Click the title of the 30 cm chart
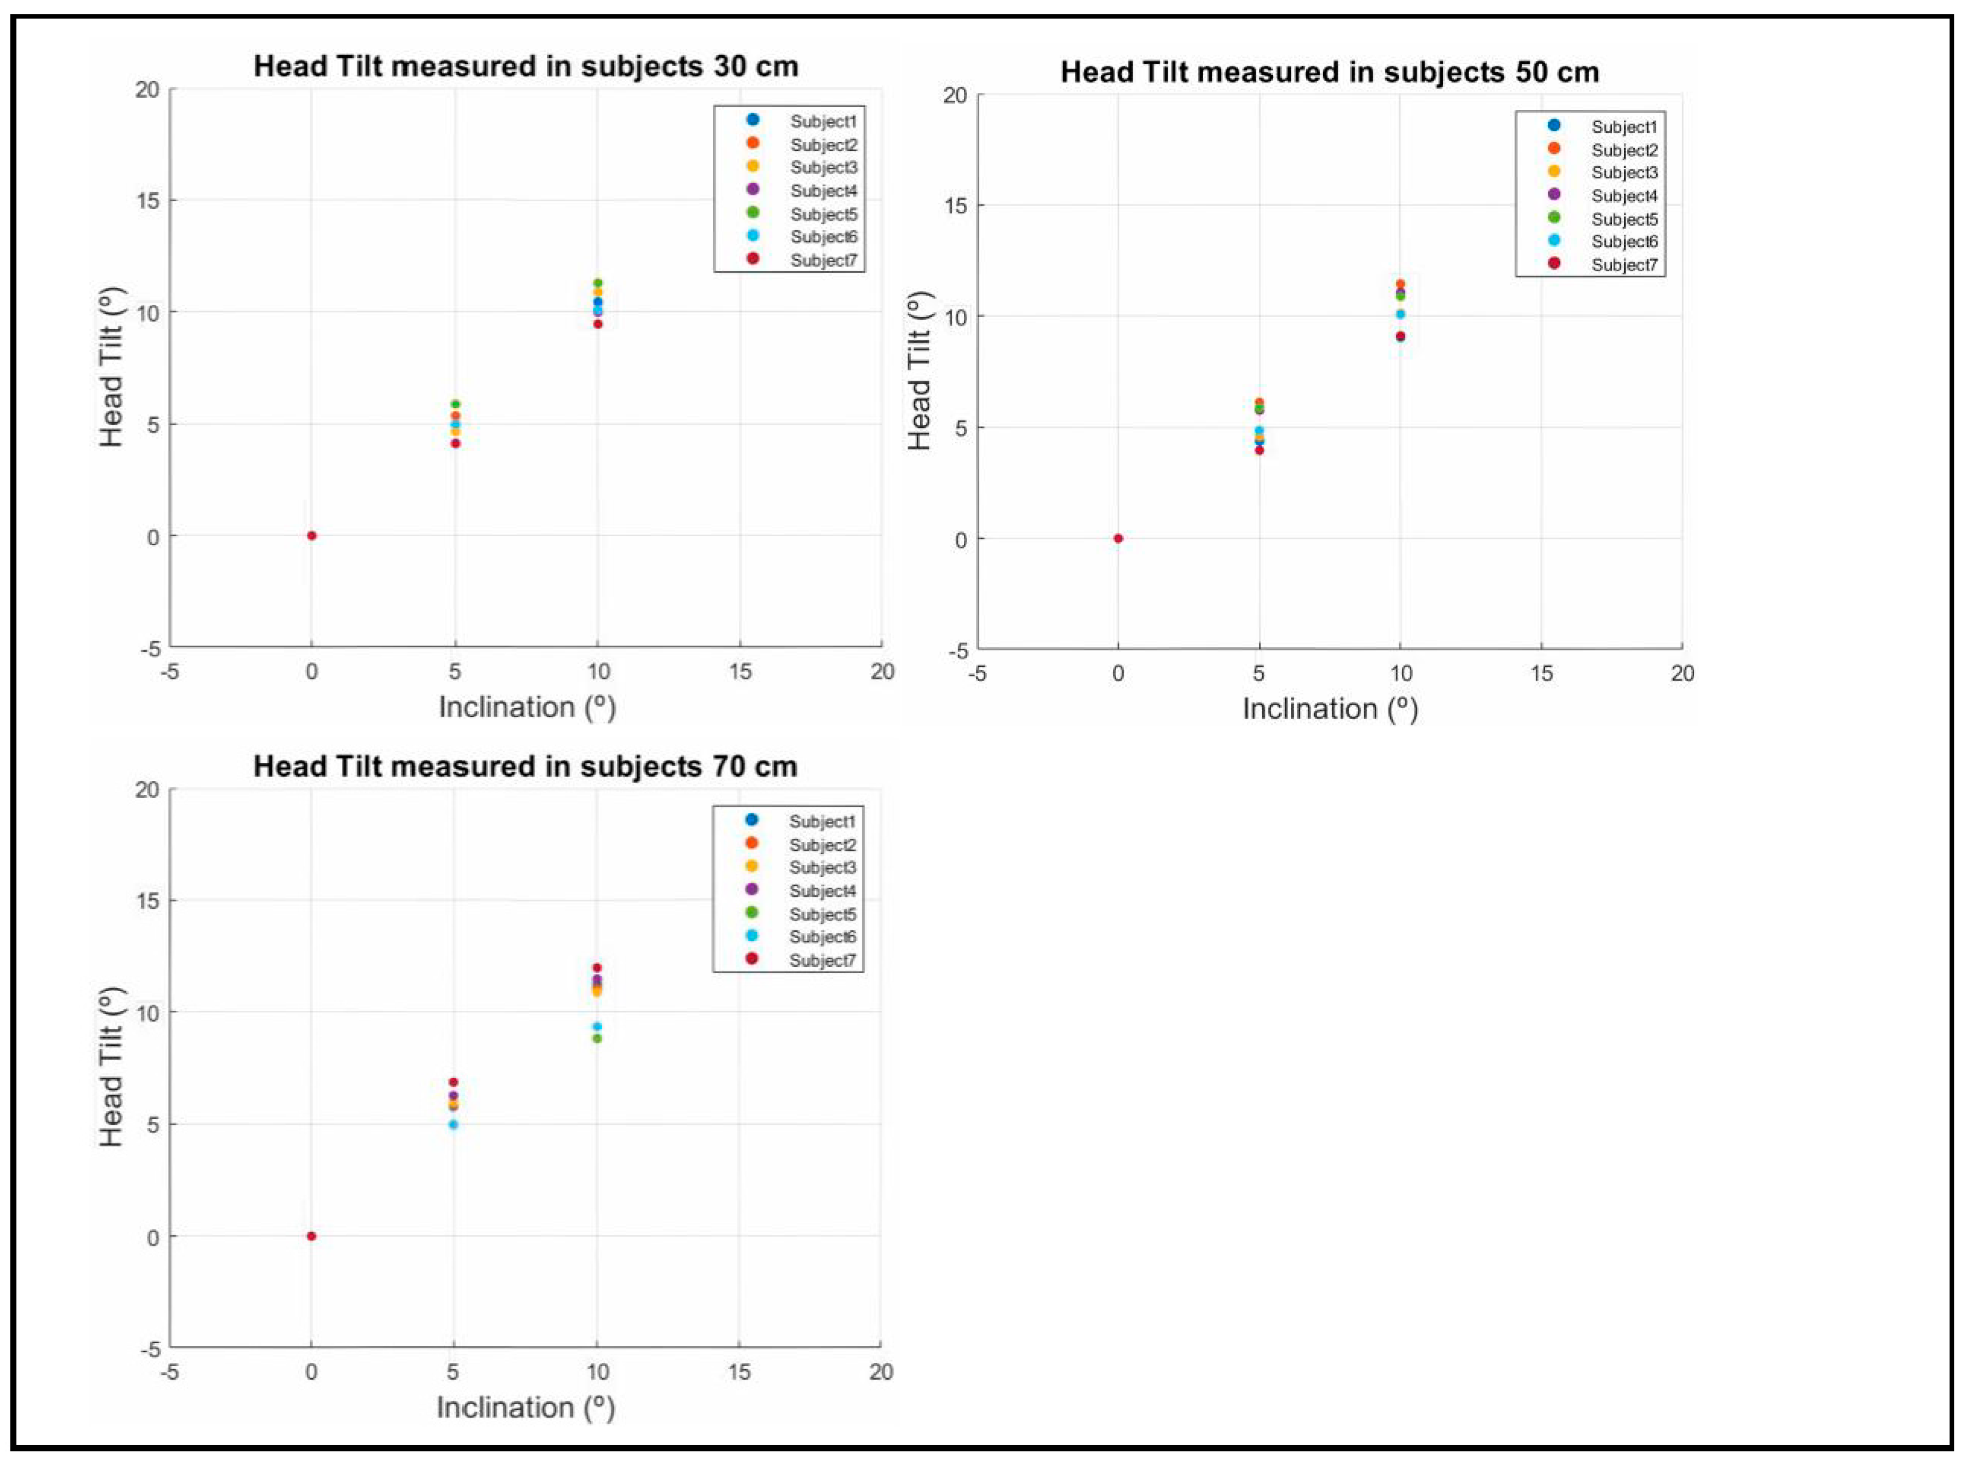526,66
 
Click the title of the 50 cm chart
1329,72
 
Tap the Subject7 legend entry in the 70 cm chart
822,960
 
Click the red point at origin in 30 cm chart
312,536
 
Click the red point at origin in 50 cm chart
1118,538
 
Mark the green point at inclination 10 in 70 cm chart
597,1038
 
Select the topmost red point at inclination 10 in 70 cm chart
597,968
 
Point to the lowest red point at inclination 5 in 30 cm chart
455,444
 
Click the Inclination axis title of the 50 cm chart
1330,709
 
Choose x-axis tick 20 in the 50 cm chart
1682,673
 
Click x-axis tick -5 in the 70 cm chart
170,1372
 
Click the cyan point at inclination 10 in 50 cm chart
1400,314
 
